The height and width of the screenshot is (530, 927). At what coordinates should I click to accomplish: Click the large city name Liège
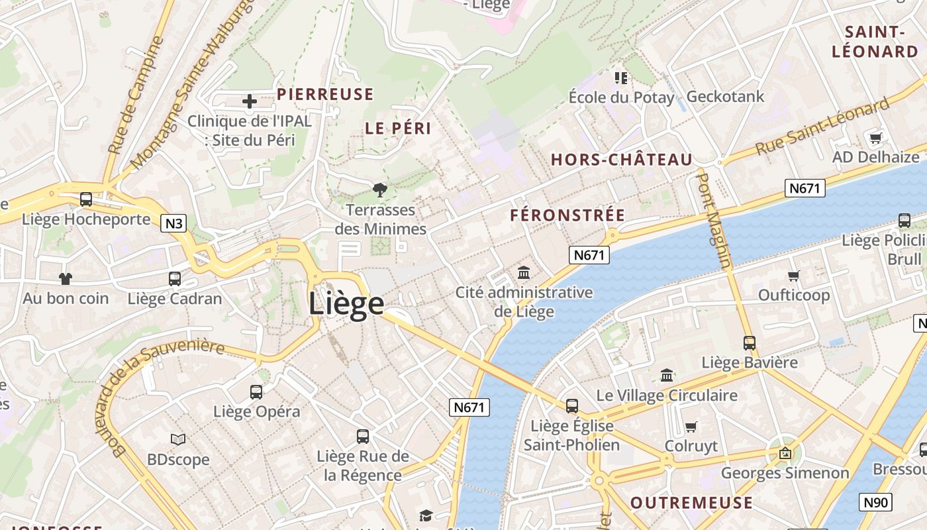pyautogui.click(x=346, y=303)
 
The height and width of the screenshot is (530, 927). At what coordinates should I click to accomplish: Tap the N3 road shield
pyautogui.click(x=173, y=223)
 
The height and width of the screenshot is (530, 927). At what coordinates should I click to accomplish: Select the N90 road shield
pyautogui.click(x=875, y=502)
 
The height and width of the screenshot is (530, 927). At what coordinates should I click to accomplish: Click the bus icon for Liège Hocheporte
pyautogui.click(x=86, y=199)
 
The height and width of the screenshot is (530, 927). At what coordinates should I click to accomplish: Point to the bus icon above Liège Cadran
pyautogui.click(x=175, y=279)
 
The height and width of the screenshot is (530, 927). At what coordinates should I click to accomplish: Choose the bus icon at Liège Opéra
pyautogui.click(x=256, y=392)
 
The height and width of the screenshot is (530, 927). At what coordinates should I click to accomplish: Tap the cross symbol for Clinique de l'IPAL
pyautogui.click(x=250, y=101)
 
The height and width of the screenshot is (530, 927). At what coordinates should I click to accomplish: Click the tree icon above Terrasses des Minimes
pyautogui.click(x=380, y=191)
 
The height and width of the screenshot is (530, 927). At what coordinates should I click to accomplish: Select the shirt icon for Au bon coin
pyautogui.click(x=65, y=279)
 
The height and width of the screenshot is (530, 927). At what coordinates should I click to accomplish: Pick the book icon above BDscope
pyautogui.click(x=178, y=439)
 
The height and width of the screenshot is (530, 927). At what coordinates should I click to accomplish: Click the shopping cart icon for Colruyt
pyautogui.click(x=691, y=426)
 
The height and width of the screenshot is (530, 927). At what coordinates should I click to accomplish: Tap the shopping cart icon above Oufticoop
pyautogui.click(x=794, y=276)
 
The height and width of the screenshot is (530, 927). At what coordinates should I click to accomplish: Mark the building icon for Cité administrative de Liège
pyautogui.click(x=524, y=272)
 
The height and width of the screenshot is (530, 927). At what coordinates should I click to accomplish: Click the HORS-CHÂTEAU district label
pyautogui.click(x=622, y=160)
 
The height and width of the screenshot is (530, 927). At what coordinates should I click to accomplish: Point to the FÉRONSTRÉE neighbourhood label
pyautogui.click(x=567, y=215)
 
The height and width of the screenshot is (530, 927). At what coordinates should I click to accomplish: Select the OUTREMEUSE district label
pyautogui.click(x=691, y=502)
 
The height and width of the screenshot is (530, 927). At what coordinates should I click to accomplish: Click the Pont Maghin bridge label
pyautogui.click(x=715, y=220)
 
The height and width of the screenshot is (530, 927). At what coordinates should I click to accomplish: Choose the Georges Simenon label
pyautogui.click(x=785, y=473)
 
